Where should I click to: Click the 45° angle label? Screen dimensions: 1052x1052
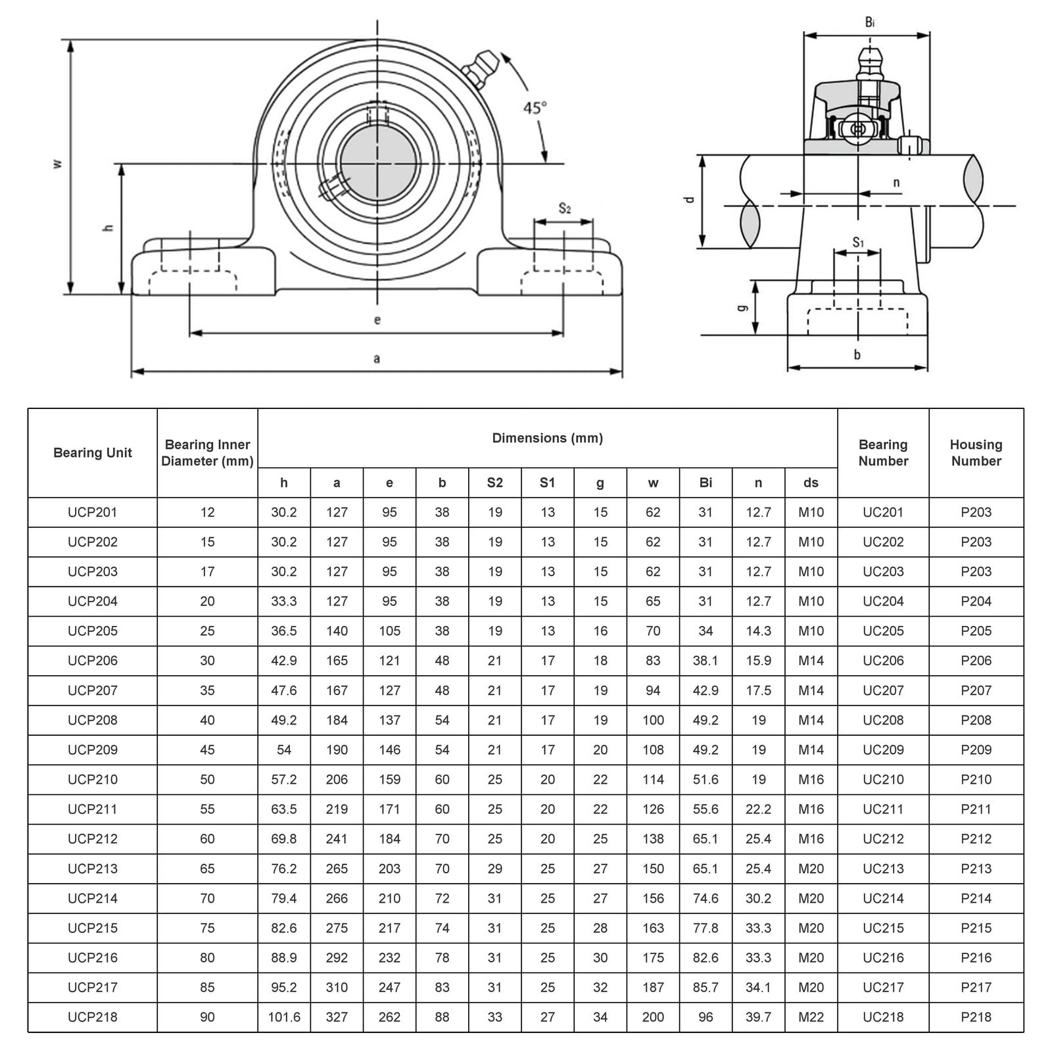click(x=535, y=107)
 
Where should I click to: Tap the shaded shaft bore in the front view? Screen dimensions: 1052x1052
click(x=377, y=163)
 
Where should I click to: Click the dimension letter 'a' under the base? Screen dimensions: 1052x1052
click(x=377, y=358)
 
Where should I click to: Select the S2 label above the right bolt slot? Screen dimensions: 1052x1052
click(x=564, y=209)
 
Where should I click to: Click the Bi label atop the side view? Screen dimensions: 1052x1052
click(x=870, y=23)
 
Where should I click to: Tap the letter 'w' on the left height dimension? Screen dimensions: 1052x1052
click(x=58, y=163)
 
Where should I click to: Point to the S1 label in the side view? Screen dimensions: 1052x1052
click(x=858, y=243)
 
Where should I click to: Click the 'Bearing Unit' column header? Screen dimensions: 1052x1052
click(x=93, y=452)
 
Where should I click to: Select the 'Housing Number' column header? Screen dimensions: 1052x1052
click(x=976, y=452)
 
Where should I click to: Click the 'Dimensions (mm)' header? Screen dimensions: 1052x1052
click(x=547, y=438)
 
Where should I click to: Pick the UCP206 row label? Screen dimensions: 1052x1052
click(x=93, y=660)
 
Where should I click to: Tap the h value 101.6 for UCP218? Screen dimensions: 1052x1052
click(x=284, y=1016)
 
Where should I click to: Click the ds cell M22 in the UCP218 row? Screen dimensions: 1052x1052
click(x=811, y=1016)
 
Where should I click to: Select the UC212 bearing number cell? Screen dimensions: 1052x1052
click(x=883, y=838)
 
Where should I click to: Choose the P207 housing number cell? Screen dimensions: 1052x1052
click(x=976, y=690)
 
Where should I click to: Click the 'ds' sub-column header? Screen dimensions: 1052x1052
click(x=811, y=483)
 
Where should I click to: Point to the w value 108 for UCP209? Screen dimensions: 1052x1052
click(x=653, y=750)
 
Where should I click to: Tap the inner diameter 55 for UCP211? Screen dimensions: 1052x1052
click(x=207, y=809)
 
